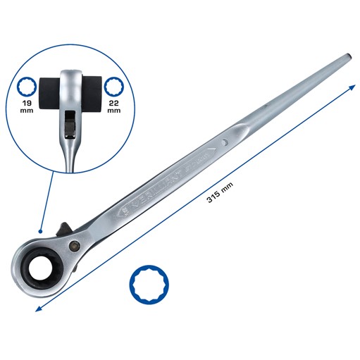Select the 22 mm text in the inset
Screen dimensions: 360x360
click(x=113, y=106)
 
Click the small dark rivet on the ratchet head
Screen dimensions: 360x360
click(x=74, y=245)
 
